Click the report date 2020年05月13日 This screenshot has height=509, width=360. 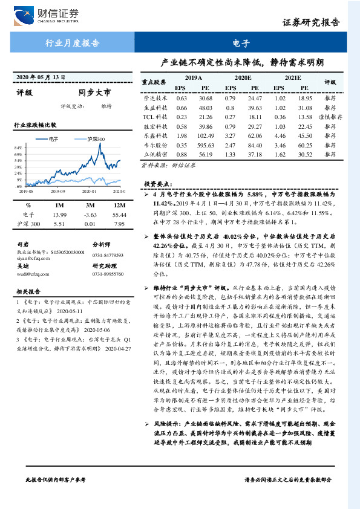(40, 77)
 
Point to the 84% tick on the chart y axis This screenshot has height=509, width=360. (18, 148)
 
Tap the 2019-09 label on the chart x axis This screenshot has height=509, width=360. (58, 192)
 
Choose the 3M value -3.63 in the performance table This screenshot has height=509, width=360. (90, 215)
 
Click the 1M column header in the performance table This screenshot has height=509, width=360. (59, 206)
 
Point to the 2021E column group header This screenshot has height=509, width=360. (292, 79)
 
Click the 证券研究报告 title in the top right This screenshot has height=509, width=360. (311, 23)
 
